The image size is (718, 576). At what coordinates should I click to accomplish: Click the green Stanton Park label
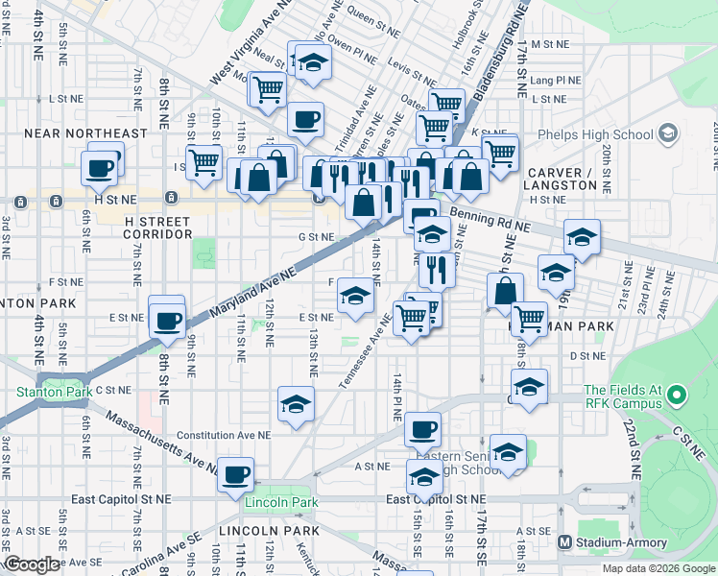tap(52, 392)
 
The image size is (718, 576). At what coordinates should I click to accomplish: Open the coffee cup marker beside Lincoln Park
tap(235, 473)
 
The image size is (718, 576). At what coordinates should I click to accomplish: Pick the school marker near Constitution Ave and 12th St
tap(296, 403)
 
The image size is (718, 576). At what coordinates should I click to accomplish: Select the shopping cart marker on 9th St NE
tap(203, 163)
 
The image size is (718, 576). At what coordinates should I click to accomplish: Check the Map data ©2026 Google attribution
tap(658, 568)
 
